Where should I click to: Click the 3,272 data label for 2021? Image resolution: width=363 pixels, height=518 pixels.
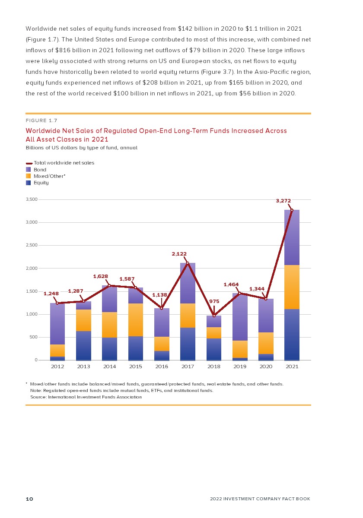(283, 201)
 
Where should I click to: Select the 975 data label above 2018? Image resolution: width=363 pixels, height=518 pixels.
(214, 301)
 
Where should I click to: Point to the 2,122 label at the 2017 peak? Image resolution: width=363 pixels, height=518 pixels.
(179, 254)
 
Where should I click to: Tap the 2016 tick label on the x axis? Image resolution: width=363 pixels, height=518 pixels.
(162, 366)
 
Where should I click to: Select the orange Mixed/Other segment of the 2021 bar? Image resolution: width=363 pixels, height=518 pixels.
(292, 287)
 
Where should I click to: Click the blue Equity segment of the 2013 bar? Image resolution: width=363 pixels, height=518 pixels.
(83, 345)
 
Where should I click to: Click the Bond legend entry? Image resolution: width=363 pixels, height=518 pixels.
(40, 170)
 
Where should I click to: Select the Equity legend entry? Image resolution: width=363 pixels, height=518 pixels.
(41, 183)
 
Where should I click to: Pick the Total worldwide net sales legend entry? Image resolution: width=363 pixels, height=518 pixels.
(64, 163)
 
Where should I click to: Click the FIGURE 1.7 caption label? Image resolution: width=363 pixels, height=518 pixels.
(41, 120)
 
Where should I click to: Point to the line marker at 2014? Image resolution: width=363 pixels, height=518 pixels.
(109, 285)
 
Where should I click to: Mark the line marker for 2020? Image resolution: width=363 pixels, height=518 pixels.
(266, 299)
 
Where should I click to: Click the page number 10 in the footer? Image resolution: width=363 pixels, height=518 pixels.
(29, 499)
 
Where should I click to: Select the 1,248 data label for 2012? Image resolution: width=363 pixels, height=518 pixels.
(51, 294)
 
